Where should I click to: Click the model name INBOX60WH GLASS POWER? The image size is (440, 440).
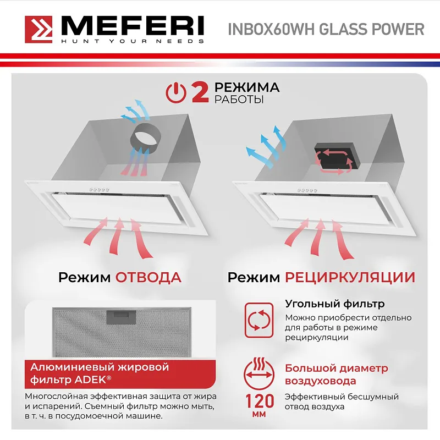tap(326, 29)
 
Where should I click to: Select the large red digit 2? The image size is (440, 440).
tap(200, 92)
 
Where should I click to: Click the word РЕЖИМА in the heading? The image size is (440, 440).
tap(247, 87)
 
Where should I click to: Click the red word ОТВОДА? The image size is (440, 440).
tap(148, 277)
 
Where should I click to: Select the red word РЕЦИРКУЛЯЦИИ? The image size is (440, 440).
tap(350, 277)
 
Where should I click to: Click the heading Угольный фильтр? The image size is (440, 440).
tap(334, 304)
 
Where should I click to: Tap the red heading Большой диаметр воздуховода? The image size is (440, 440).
tap(336, 375)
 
